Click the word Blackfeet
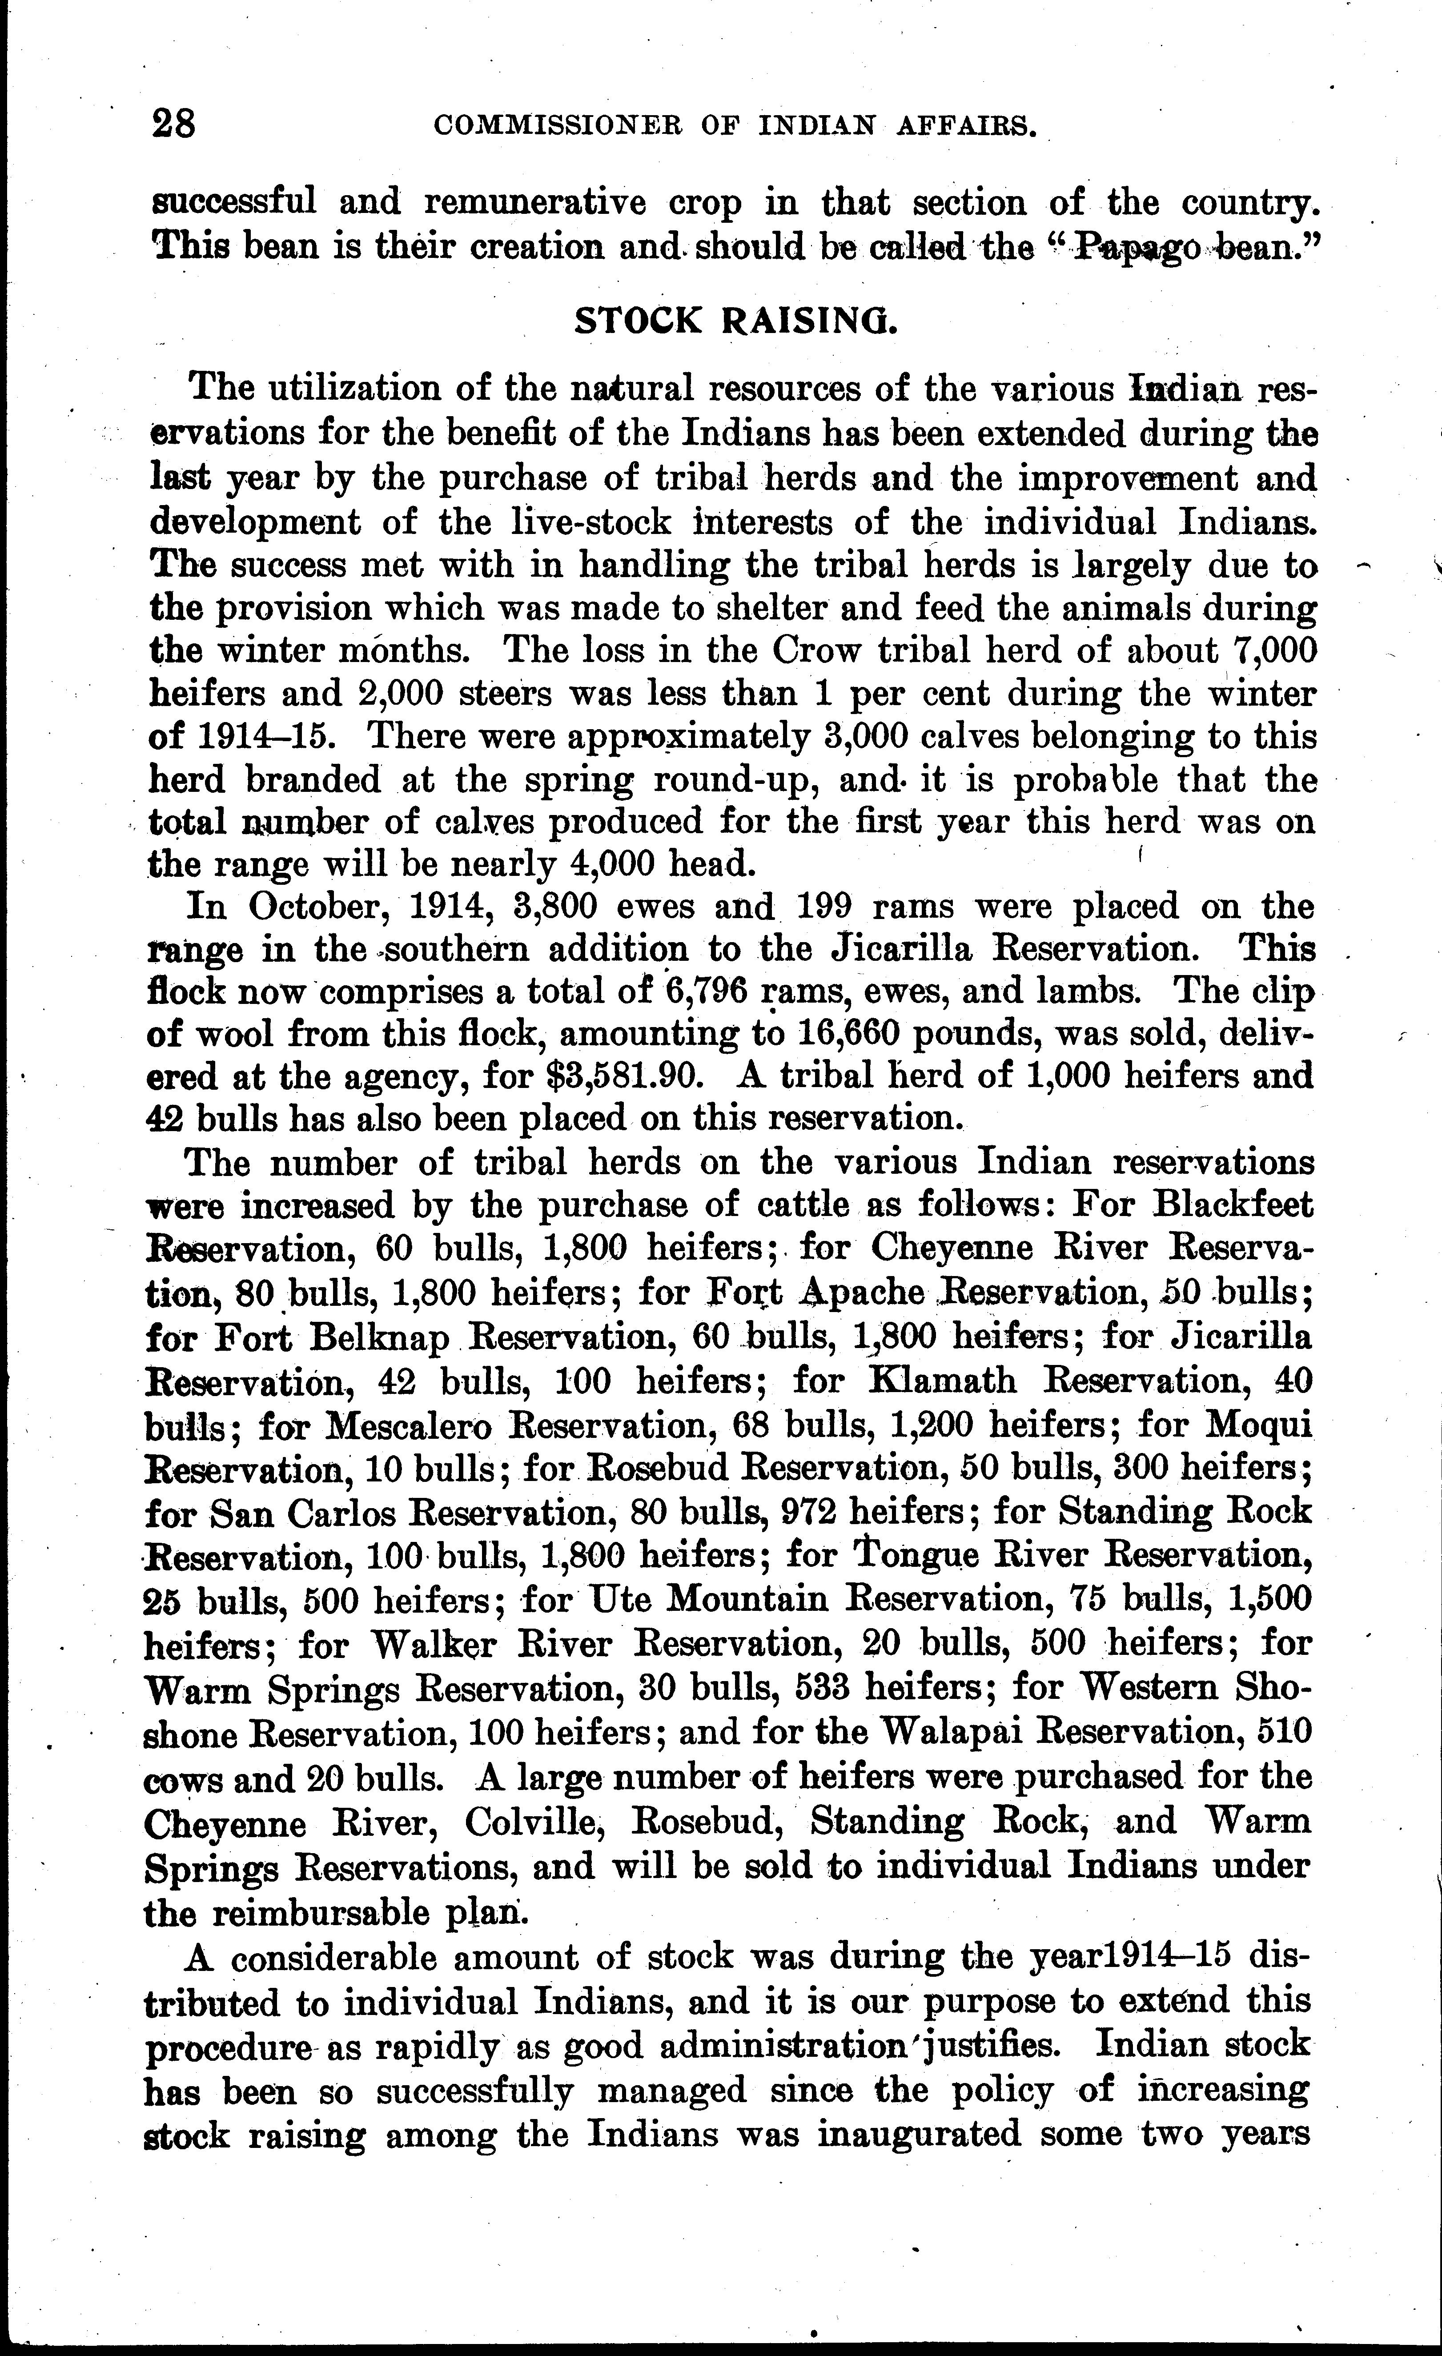(x=1233, y=1204)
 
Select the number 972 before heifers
(x=810, y=1511)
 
